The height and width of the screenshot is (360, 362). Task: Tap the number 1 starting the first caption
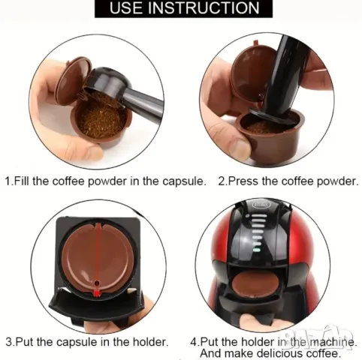click(x=9, y=181)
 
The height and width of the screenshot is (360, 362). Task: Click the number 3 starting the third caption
click(x=9, y=341)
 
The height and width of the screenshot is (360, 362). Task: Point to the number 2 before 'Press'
click(x=222, y=181)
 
